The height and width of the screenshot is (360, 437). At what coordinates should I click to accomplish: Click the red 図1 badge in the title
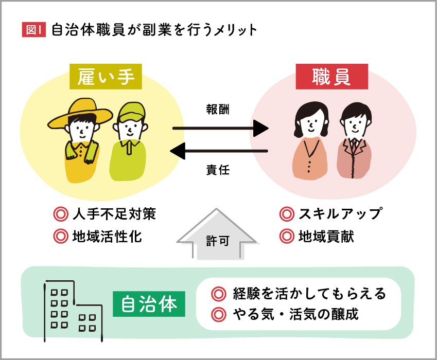(33, 30)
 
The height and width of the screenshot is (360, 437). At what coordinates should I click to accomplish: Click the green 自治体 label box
(149, 304)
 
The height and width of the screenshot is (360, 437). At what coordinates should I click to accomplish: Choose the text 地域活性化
(107, 237)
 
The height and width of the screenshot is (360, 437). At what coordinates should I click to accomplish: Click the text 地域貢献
(326, 237)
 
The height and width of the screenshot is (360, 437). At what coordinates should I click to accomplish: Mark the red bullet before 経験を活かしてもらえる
(219, 294)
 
